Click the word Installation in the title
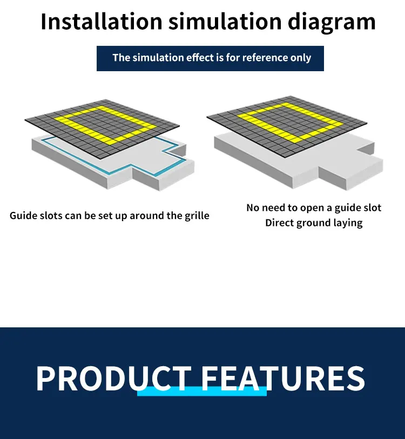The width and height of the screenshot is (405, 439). point(101,22)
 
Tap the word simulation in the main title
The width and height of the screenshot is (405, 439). point(224,22)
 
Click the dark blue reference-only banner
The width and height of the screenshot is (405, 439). point(210,58)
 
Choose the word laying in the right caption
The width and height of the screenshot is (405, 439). point(349,223)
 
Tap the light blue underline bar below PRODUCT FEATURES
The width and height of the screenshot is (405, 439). point(202,392)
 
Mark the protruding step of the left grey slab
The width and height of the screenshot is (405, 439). point(162,173)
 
